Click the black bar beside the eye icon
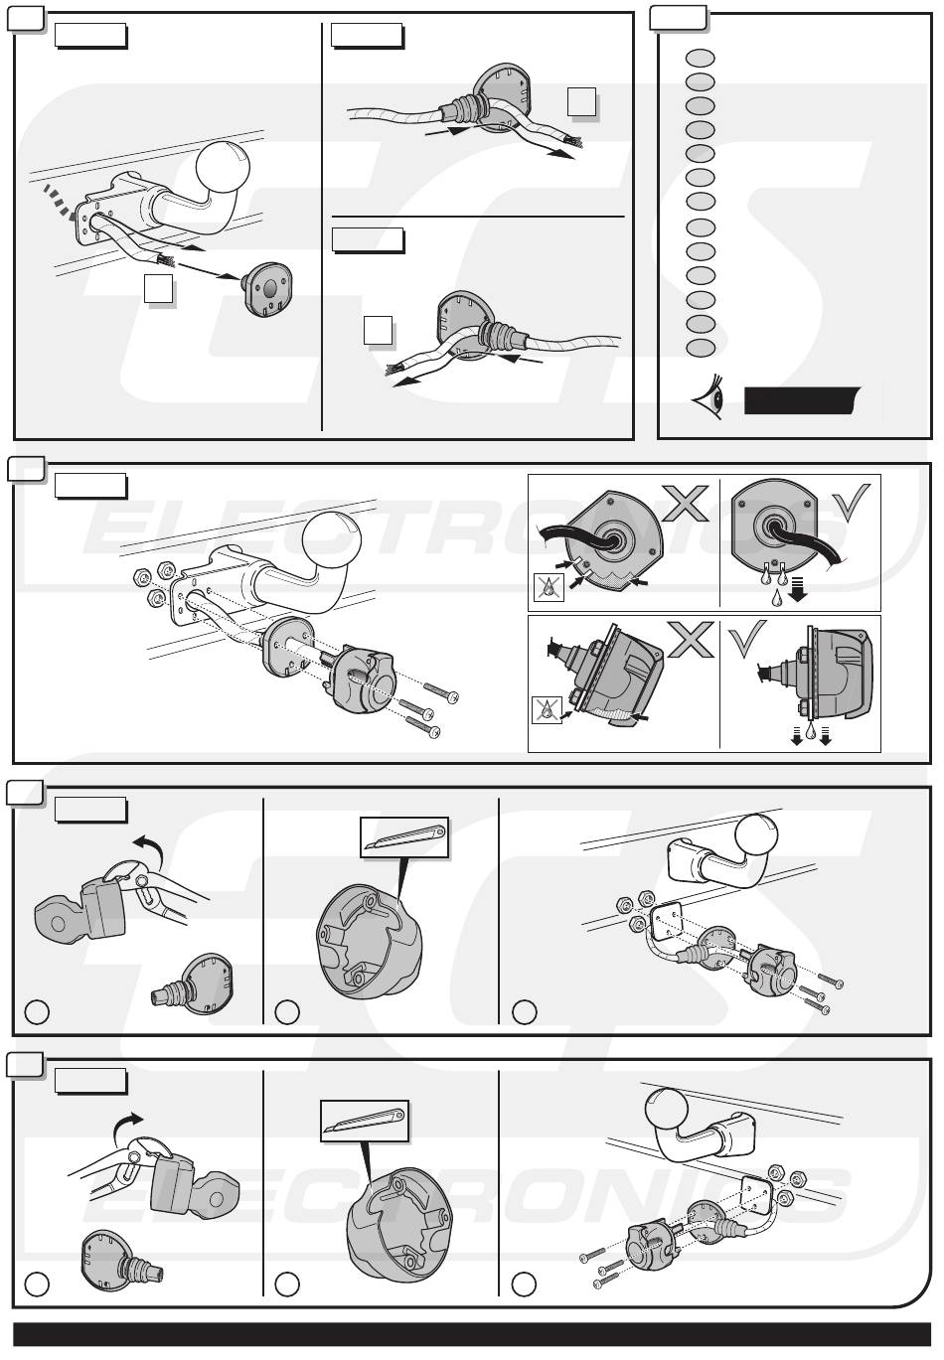coord(802,400)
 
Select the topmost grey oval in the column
coord(700,58)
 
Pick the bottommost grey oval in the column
coord(700,348)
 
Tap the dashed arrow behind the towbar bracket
coord(60,204)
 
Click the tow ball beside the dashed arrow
coord(224,166)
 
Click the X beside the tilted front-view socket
coord(686,504)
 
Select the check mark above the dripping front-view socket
coord(851,502)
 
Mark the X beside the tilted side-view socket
coord(690,640)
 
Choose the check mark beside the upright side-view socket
coord(746,640)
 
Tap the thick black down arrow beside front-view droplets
coord(800,591)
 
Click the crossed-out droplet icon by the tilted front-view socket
coord(550,588)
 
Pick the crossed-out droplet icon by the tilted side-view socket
coord(547,710)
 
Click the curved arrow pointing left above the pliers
coord(148,844)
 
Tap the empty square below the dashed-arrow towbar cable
coord(158,288)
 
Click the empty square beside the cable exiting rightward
coord(581,101)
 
